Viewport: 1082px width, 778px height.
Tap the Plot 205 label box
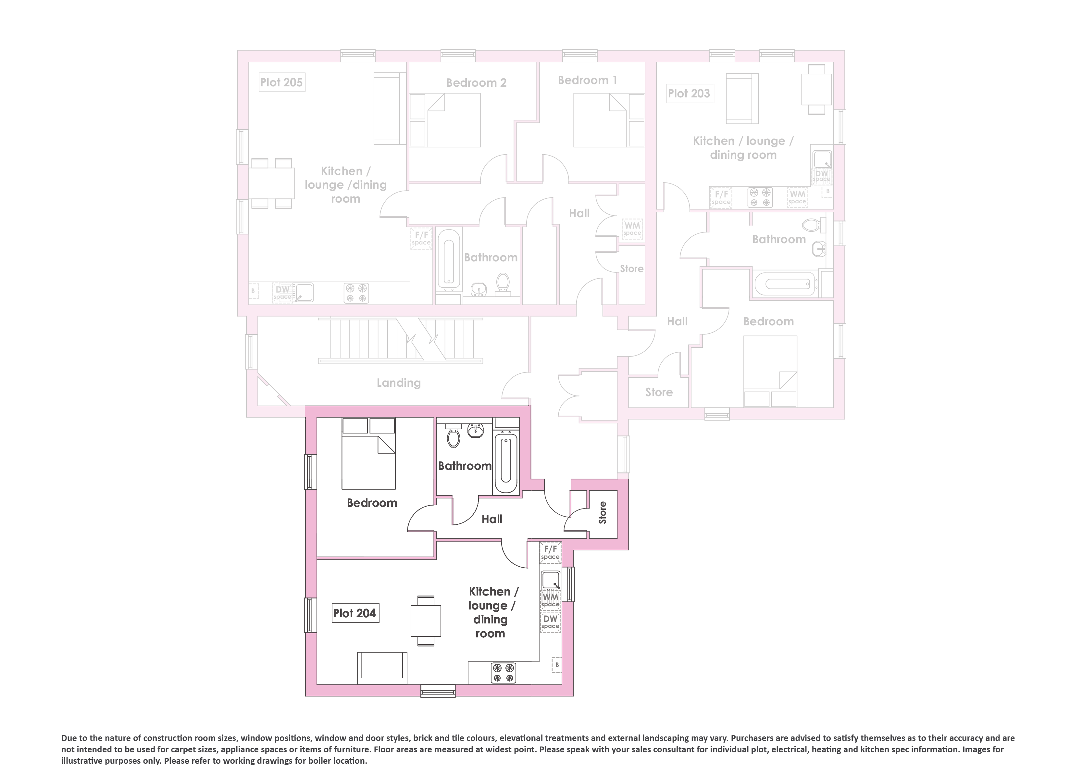click(x=281, y=82)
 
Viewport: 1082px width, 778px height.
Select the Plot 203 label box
click(x=690, y=93)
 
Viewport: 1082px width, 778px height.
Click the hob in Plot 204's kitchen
click(x=503, y=672)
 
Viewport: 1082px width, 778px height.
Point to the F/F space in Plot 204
click(x=550, y=552)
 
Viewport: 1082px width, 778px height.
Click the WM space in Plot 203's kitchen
click(x=797, y=197)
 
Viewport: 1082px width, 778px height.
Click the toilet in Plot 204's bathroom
click(x=453, y=435)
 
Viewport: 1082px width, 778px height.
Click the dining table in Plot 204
click(x=426, y=621)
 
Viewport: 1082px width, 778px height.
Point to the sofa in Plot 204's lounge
click(x=382, y=668)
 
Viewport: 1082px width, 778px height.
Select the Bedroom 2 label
click(x=476, y=82)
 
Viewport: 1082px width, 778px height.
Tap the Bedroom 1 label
click(x=587, y=80)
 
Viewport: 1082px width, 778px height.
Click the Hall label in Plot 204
click(x=492, y=519)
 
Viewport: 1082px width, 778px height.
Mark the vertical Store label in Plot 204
click(x=603, y=513)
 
